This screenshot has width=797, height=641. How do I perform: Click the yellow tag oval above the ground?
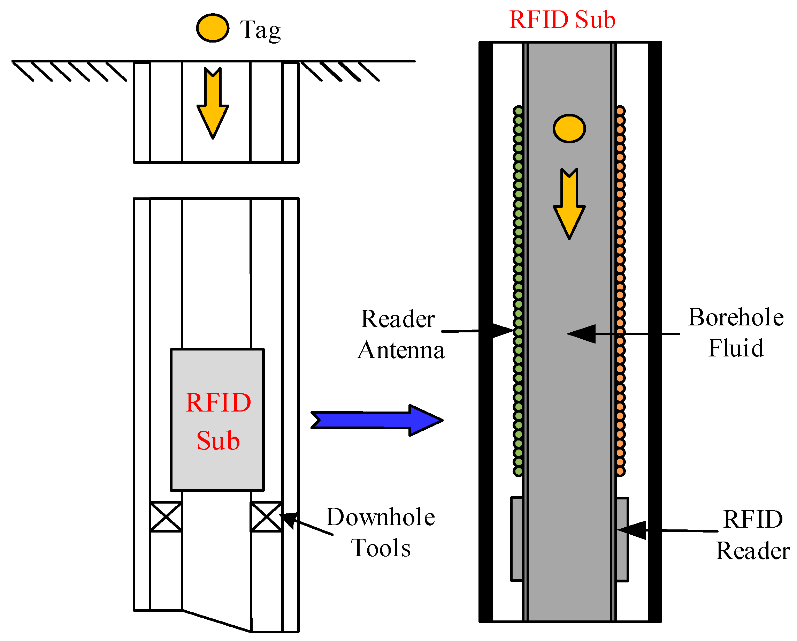tap(213, 28)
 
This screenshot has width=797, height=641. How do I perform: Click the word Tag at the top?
tap(260, 30)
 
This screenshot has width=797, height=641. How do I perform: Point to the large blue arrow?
tap(377, 421)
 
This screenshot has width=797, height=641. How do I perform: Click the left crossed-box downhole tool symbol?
tap(166, 517)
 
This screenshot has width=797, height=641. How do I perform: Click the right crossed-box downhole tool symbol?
tap(266, 517)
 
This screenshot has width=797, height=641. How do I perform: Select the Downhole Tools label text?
tap(381, 533)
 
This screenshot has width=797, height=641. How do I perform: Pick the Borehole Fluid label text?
tap(736, 333)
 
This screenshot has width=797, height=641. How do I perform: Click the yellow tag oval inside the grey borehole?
tap(569, 129)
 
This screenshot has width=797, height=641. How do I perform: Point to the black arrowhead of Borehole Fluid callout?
tap(582, 334)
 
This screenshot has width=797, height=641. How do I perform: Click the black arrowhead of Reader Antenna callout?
tap(503, 331)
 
